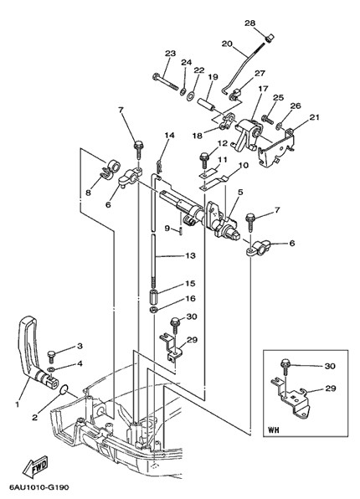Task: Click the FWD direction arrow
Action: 35,466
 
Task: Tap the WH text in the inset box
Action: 274,430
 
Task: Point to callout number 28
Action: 249,23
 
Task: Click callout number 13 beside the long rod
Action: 190,255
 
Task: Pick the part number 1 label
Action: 18,404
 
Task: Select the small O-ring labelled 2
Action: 64,388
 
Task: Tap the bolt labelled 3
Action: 52,356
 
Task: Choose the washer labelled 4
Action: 51,369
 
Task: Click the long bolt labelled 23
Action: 165,81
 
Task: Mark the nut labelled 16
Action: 152,310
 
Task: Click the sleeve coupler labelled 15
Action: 153,296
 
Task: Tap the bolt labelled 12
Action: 203,161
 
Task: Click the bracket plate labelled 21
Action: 277,147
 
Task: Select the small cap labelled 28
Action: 270,38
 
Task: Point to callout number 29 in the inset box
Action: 330,388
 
